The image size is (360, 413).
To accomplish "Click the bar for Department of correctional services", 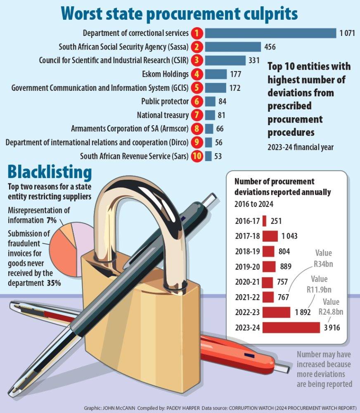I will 270,33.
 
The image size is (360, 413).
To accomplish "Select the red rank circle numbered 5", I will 198,88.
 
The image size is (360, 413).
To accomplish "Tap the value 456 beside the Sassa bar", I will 270,47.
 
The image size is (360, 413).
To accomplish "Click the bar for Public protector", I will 210,101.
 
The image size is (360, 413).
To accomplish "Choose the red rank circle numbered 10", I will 198,157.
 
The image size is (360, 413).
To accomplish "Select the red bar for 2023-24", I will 291,328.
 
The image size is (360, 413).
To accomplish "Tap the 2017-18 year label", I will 247,236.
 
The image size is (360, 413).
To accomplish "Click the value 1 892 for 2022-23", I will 303,312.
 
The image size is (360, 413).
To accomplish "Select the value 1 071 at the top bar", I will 347,33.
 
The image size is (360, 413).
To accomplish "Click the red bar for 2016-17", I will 264,221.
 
